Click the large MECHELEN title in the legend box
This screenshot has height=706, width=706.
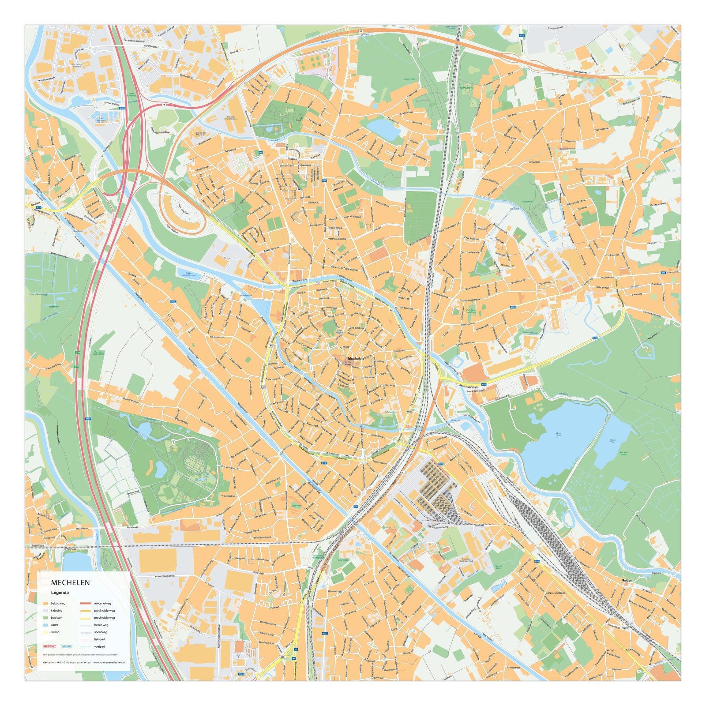[71, 582]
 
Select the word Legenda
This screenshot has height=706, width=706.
[60, 593]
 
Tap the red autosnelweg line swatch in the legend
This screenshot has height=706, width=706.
[86, 604]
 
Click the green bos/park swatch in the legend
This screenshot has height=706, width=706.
[45, 618]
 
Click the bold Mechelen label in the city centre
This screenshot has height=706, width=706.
[356, 359]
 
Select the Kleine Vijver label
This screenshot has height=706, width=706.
[613, 441]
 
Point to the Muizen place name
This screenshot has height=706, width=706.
[627, 580]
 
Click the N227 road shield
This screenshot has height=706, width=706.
[325, 634]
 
